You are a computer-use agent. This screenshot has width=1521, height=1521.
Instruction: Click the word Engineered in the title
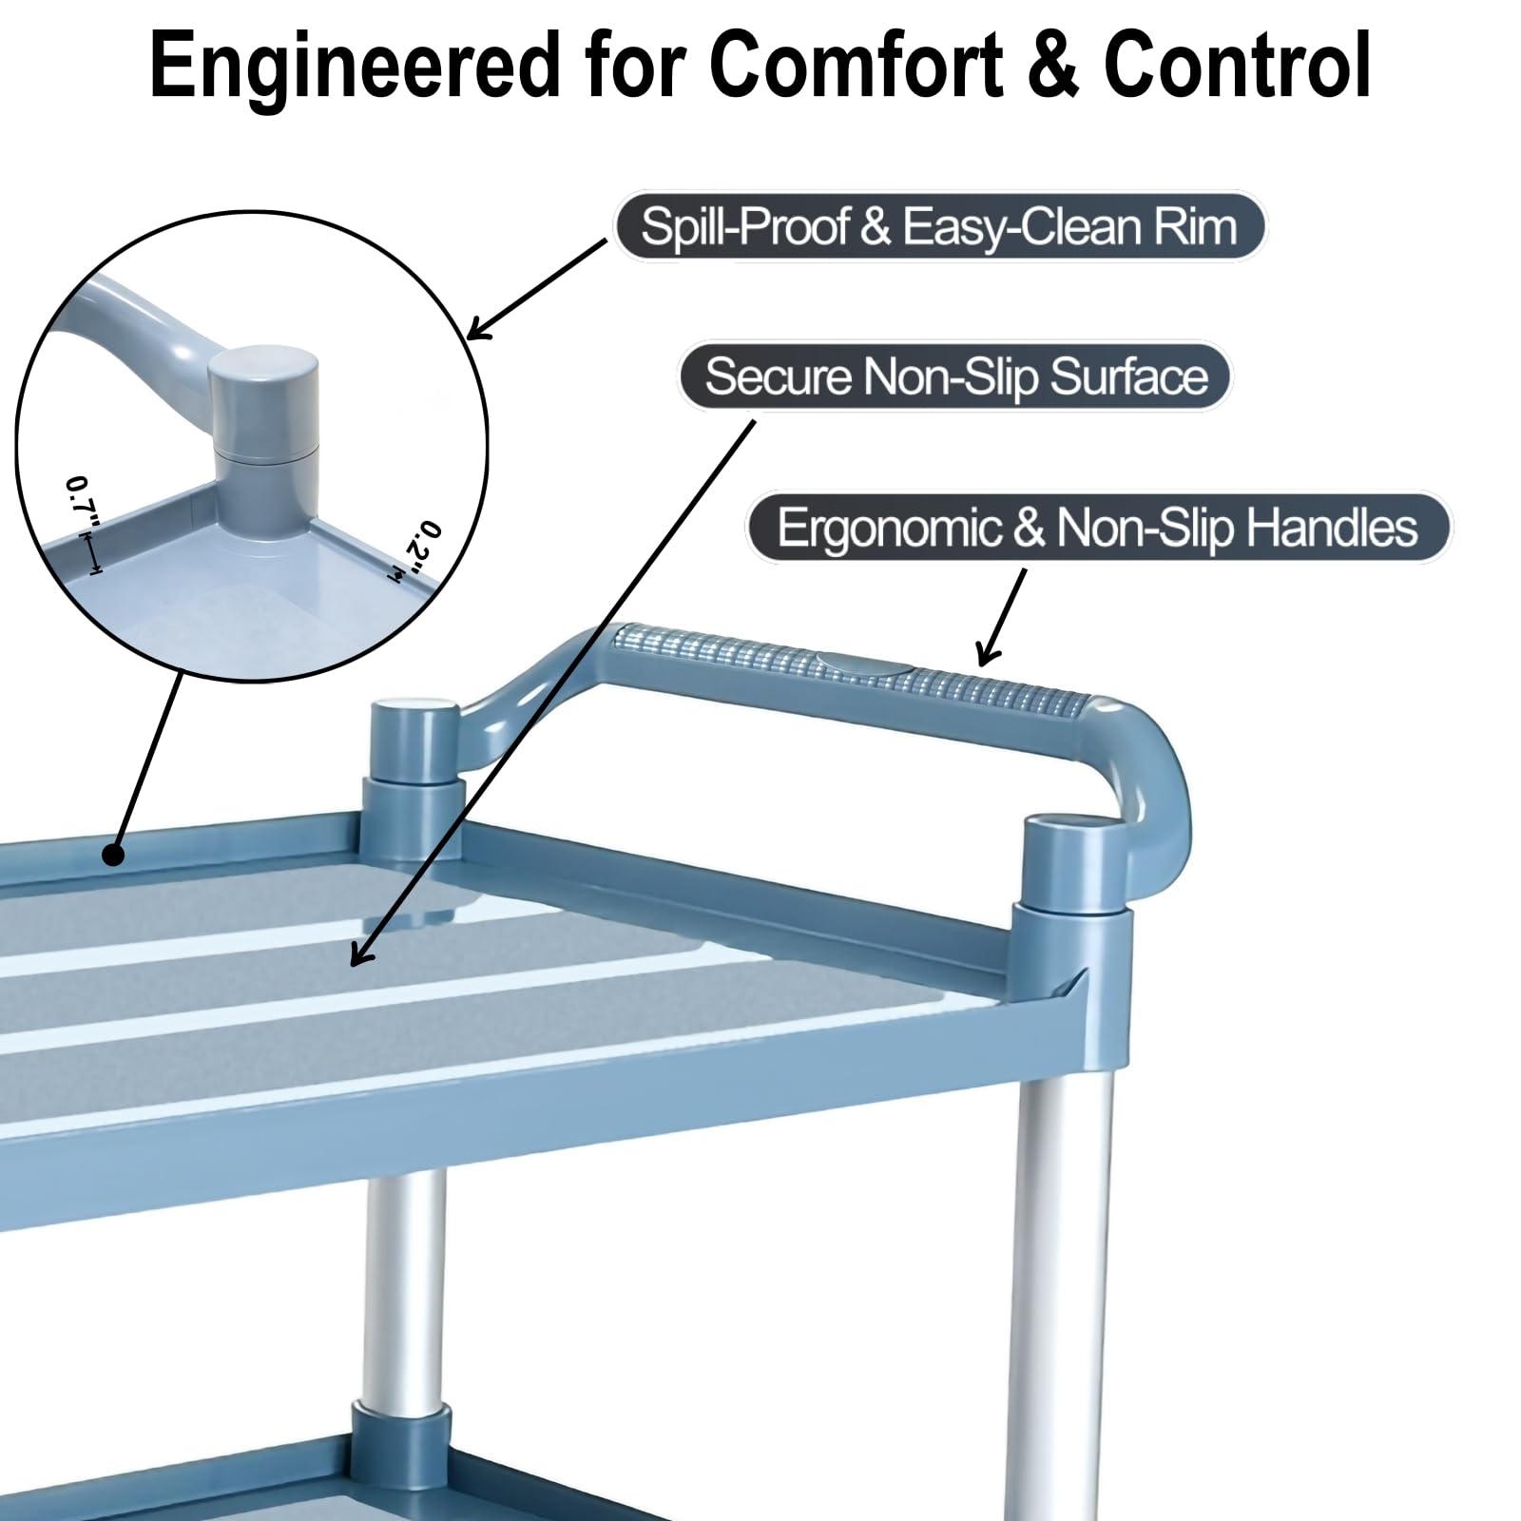point(355,67)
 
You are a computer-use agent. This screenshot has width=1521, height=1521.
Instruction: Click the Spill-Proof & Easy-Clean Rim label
point(939,226)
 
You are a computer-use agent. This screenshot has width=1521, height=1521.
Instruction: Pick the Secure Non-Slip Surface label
point(954,376)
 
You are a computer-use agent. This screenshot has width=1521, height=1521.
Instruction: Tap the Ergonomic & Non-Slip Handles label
point(1098,527)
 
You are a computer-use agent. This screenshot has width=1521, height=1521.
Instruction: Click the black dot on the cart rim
point(113,855)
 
